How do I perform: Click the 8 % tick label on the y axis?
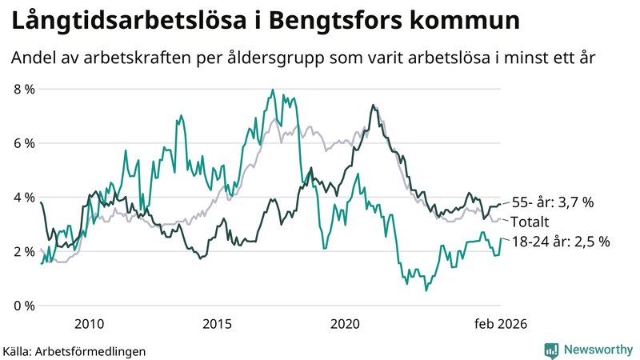point(23,89)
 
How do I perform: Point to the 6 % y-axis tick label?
point(23,143)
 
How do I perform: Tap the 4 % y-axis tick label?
point(23,197)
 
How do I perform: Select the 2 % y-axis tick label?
point(23,251)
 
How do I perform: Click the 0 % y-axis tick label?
point(23,306)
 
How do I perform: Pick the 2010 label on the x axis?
point(88,324)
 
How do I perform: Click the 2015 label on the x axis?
point(217,324)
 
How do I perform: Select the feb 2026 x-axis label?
point(500,324)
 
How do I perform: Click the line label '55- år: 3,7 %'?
point(552,203)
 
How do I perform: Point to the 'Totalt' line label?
point(530,222)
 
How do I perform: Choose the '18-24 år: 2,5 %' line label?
point(559,241)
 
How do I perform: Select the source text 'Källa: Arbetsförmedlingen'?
point(74,350)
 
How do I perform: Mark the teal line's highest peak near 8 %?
point(273,90)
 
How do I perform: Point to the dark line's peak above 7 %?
point(373,105)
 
